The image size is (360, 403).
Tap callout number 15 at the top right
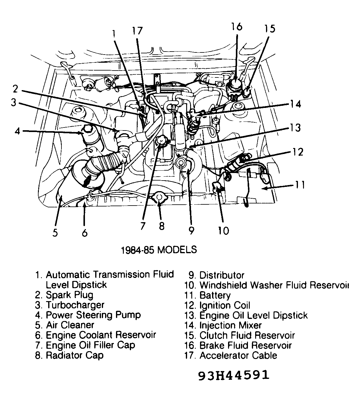click(x=270, y=29)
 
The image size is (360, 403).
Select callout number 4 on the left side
click(x=17, y=131)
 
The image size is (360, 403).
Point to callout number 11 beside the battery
click(x=300, y=184)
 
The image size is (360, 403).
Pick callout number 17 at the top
click(x=137, y=31)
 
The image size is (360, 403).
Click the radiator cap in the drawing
click(x=160, y=199)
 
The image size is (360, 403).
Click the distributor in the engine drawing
click(x=182, y=163)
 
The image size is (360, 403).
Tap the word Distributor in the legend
click(x=222, y=275)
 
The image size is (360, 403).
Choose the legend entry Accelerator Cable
click(x=238, y=355)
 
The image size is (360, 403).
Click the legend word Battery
click(x=215, y=295)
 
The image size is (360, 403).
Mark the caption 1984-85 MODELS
click(x=159, y=250)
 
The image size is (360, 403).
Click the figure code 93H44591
click(x=233, y=375)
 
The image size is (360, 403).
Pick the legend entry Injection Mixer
click(x=230, y=326)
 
